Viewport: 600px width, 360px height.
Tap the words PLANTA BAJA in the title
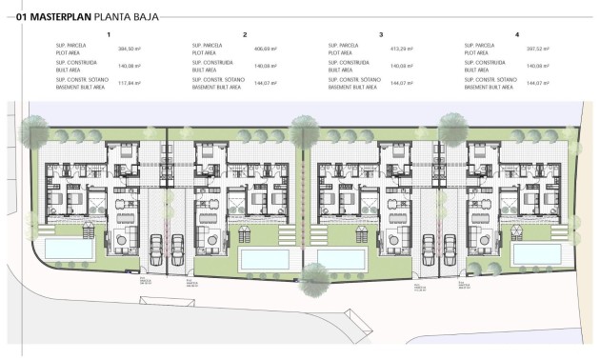(128, 16)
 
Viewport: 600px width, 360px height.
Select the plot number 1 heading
(110, 34)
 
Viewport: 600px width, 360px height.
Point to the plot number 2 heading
(246, 34)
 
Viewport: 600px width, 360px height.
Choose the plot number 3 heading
(382, 34)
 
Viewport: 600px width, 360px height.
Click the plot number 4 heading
(518, 34)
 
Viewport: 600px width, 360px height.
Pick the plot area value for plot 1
(129, 48)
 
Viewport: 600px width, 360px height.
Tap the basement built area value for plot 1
(129, 84)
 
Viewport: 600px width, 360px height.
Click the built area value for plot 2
(264, 66)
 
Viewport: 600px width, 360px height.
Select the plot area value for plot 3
(401, 48)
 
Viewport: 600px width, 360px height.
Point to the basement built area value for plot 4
(537, 84)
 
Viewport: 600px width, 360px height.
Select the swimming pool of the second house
(264, 259)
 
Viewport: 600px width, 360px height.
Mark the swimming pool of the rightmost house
(537, 252)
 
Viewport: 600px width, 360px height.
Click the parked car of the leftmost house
(155, 244)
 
